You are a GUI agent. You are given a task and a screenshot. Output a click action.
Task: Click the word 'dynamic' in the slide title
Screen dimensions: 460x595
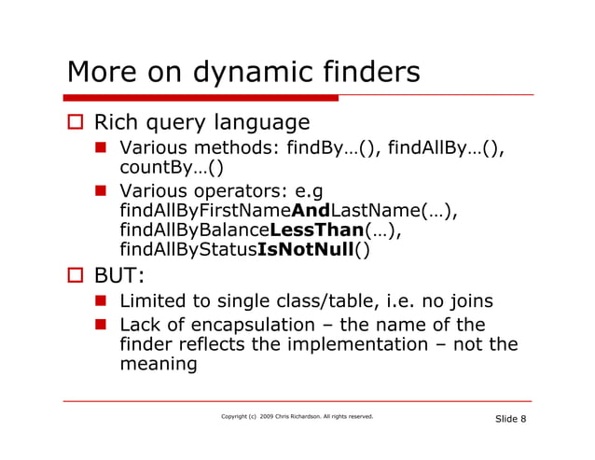click(244, 72)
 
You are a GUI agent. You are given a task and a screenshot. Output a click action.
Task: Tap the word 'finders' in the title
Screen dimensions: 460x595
click(368, 72)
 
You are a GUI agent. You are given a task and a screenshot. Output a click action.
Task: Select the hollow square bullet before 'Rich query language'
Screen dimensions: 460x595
click(76, 123)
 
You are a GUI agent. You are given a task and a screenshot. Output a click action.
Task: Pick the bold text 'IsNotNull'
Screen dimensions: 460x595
click(310, 250)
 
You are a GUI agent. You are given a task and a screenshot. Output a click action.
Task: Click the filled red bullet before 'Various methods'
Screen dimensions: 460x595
click(106, 148)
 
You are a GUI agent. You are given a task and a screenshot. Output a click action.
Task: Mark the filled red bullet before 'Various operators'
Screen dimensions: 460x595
click(106, 191)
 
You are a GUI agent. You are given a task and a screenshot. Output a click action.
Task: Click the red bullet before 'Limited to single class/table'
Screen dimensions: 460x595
click(106, 302)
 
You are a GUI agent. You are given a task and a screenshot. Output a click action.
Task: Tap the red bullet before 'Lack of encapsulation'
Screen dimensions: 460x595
click(106, 326)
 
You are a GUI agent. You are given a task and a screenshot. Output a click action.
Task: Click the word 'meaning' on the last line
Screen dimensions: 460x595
click(159, 365)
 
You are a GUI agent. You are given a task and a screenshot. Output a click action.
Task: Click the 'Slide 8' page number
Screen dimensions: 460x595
click(509, 418)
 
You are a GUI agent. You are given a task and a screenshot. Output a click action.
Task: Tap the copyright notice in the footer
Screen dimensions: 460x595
click(297, 416)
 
